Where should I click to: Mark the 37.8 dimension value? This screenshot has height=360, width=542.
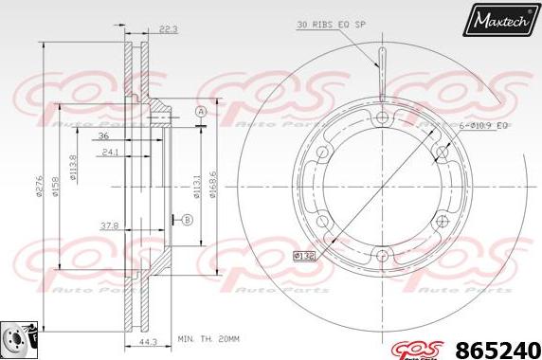(109, 226)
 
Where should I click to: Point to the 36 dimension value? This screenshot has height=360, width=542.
(103, 135)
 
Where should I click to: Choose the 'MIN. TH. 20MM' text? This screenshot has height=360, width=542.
(208, 337)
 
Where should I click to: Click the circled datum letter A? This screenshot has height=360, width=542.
(201, 113)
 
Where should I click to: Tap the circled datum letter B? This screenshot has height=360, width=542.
(186, 221)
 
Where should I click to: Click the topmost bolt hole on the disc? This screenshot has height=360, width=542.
(382, 118)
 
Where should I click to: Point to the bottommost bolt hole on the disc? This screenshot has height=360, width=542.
(382, 253)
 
